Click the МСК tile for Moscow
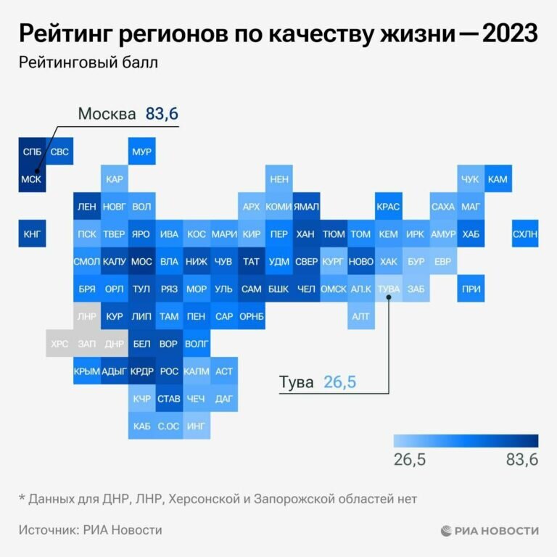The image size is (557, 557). click(x=32, y=179)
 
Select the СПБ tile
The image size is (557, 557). click(x=32, y=152)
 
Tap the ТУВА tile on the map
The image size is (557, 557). click(x=389, y=289)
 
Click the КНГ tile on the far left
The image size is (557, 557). click(x=32, y=234)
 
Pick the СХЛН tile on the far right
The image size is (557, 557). click(x=525, y=234)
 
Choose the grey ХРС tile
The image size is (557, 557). click(x=59, y=344)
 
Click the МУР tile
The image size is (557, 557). click(x=141, y=152)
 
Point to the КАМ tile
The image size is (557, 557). click(x=498, y=179)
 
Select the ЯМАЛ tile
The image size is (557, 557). click(x=306, y=207)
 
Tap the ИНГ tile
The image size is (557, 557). click(x=197, y=426)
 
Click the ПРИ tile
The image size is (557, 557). click(x=470, y=289)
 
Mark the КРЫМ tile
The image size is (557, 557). click(x=87, y=371)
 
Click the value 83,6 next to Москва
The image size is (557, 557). click(x=162, y=114)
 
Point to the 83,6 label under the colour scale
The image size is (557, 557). click(x=520, y=460)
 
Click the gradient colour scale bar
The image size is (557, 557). click(x=466, y=441)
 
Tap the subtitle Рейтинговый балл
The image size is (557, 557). click(x=88, y=62)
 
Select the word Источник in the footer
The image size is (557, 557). click(x=49, y=530)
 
